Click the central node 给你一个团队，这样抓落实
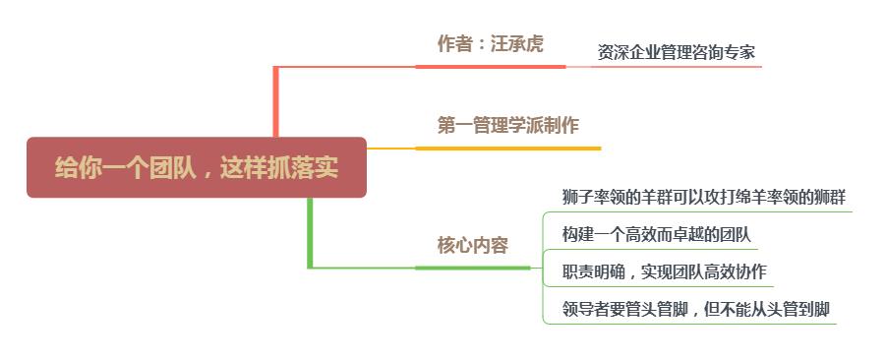click(197, 167)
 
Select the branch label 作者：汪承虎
click(490, 44)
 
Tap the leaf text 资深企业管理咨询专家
click(677, 52)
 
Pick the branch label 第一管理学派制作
click(507, 125)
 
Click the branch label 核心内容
click(472, 245)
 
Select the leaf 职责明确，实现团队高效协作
click(664, 272)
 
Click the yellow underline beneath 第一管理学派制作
click(507, 149)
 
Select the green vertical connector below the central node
click(311, 232)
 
